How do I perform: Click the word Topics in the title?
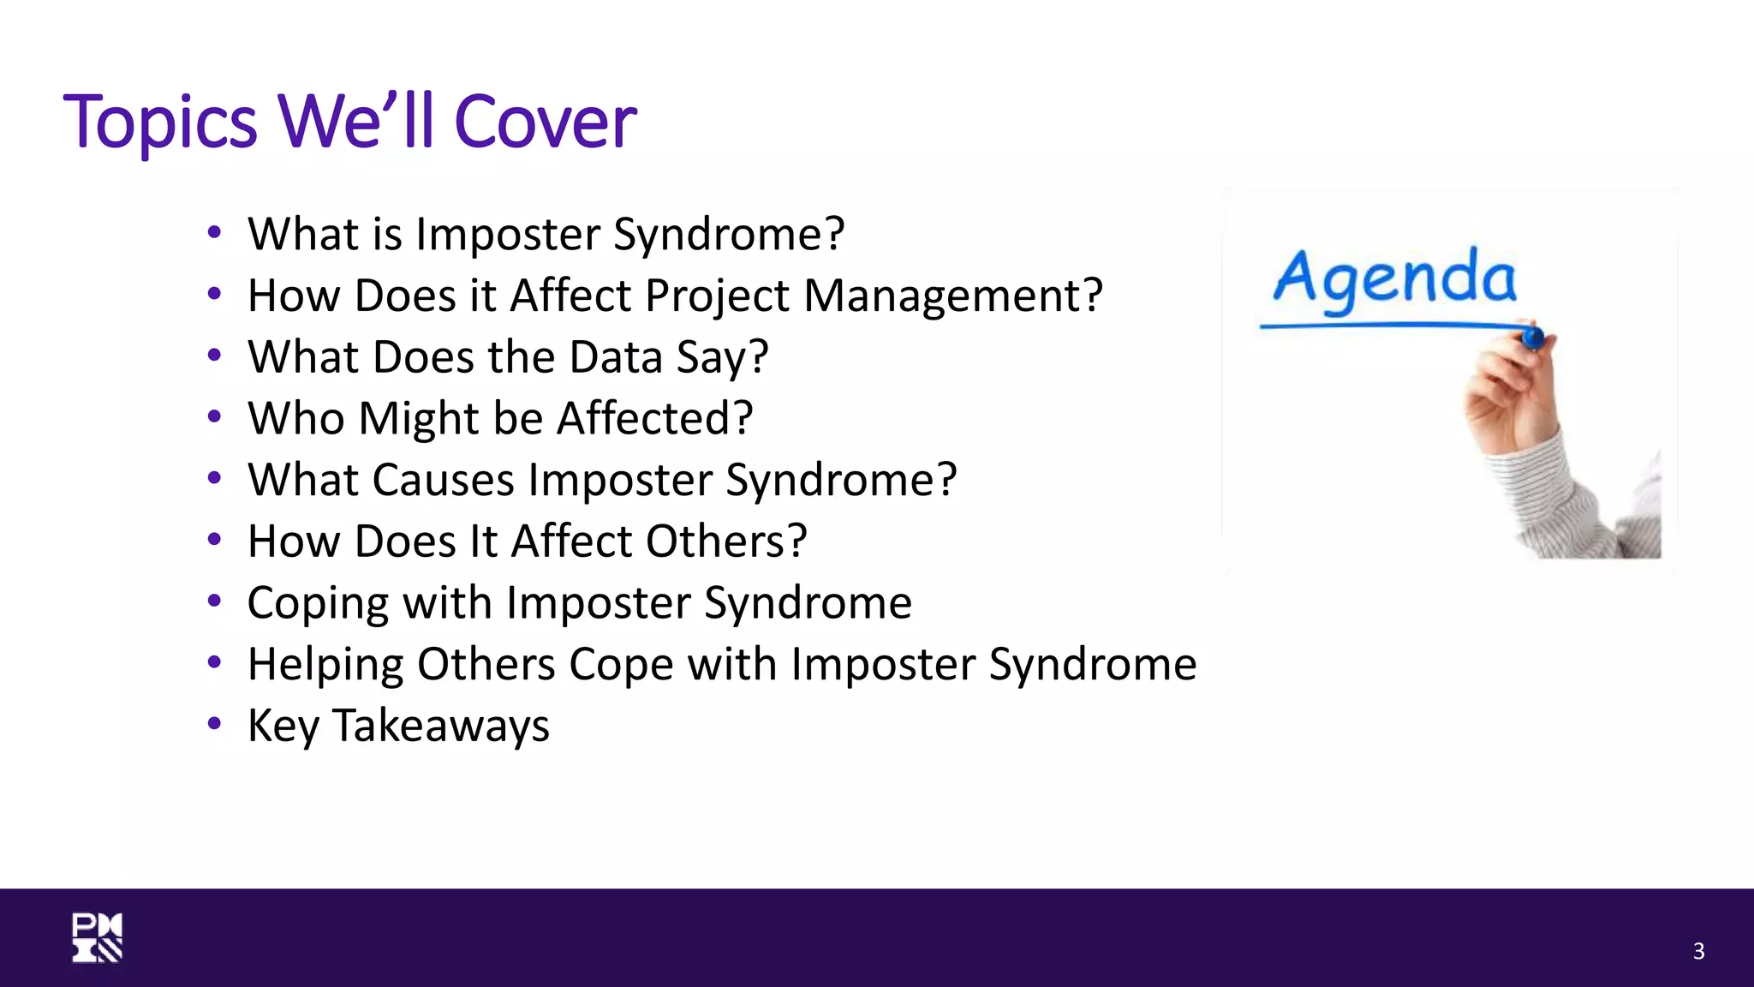click(x=160, y=123)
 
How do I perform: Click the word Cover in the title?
click(x=545, y=123)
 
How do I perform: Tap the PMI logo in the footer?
click(x=97, y=937)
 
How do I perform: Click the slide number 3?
click(x=1698, y=951)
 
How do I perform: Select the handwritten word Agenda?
click(x=1394, y=278)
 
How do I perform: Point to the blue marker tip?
click(x=1533, y=338)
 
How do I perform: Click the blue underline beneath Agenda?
click(x=1387, y=326)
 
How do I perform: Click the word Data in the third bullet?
click(x=615, y=357)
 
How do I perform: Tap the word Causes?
click(x=443, y=480)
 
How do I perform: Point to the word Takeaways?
click(x=440, y=727)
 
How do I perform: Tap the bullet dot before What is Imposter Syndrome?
click(x=214, y=232)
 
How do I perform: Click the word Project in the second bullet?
click(x=717, y=296)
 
